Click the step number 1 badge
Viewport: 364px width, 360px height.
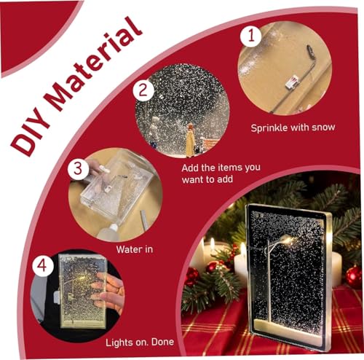(250, 36)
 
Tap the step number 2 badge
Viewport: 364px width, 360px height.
(143, 90)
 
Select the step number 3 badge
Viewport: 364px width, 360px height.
(78, 169)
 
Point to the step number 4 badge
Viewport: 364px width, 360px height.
(43, 266)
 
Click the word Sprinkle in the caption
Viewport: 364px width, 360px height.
(269, 128)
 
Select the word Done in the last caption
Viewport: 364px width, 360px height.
(162, 342)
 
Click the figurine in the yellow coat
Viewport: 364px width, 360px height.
(190, 141)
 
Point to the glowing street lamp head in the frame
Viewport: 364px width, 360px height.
(288, 240)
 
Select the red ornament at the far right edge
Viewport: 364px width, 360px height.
(355, 277)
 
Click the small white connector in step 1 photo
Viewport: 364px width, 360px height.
(292, 82)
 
